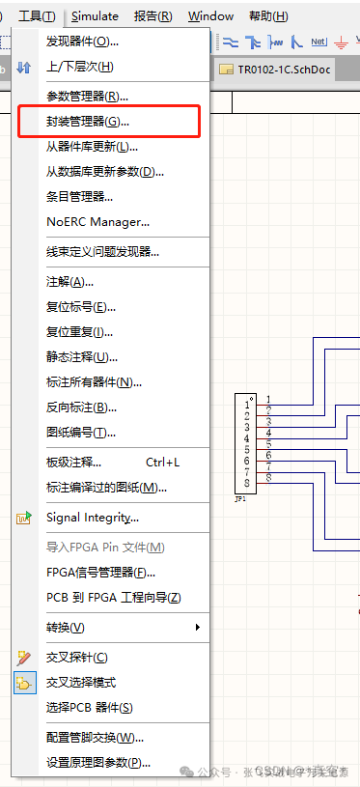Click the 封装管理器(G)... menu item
click(x=87, y=122)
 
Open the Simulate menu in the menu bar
click(x=95, y=16)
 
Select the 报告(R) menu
click(x=152, y=16)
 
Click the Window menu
click(x=210, y=16)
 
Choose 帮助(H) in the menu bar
click(x=267, y=16)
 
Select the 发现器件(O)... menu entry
click(x=82, y=41)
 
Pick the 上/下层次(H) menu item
click(x=79, y=66)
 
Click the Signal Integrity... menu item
click(x=98, y=518)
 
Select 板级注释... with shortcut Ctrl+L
click(x=73, y=463)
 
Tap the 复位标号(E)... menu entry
click(x=81, y=306)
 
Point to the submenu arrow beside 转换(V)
click(x=198, y=628)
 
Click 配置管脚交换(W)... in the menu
click(x=96, y=738)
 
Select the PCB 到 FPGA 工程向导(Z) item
click(x=113, y=597)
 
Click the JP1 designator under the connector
click(x=240, y=499)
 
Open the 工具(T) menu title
click(x=38, y=16)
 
